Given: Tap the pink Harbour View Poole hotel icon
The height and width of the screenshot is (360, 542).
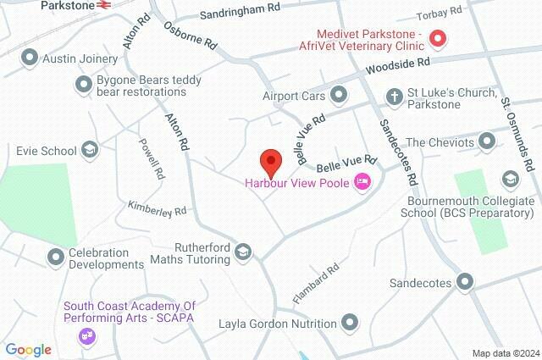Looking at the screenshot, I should point(362,181).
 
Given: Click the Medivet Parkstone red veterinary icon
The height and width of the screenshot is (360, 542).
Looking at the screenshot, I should point(438,38).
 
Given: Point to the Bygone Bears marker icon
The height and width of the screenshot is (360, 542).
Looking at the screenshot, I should point(84,84).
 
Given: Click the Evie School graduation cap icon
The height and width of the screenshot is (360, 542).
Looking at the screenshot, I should point(89,151).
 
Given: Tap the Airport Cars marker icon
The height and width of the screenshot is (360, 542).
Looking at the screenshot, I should point(339,95).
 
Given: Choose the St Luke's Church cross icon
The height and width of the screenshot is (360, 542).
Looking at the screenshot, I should point(394,97).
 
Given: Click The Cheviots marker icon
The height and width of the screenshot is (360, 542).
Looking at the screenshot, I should point(487,141).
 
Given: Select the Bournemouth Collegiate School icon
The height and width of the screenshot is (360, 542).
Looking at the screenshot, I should point(510,179).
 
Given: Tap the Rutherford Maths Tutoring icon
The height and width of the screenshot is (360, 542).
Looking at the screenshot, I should point(244,252).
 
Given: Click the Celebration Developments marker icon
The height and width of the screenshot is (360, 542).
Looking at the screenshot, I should point(56,255).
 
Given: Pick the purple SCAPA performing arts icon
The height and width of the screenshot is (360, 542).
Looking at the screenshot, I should point(86,336).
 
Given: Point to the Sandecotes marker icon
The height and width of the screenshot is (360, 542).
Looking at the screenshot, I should point(464,282).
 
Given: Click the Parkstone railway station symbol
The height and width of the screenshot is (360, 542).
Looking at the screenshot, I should point(105,4).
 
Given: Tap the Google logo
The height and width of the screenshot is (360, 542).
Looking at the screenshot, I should point(28,349).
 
